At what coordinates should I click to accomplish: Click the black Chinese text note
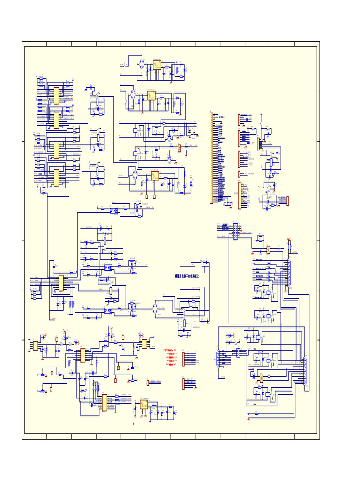(187, 277)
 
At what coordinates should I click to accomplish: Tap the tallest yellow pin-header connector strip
(211, 158)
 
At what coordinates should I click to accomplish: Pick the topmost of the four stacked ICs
(56, 95)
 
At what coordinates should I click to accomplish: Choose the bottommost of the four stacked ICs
(56, 177)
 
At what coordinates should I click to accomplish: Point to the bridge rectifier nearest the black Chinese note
(156, 307)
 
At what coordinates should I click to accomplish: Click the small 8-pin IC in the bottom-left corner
(36, 345)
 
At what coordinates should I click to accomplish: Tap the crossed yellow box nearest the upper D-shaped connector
(268, 250)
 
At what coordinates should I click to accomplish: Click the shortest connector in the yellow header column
(240, 174)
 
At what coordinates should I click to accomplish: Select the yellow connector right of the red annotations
(184, 358)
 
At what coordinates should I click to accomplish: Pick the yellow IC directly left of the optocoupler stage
(61, 283)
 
